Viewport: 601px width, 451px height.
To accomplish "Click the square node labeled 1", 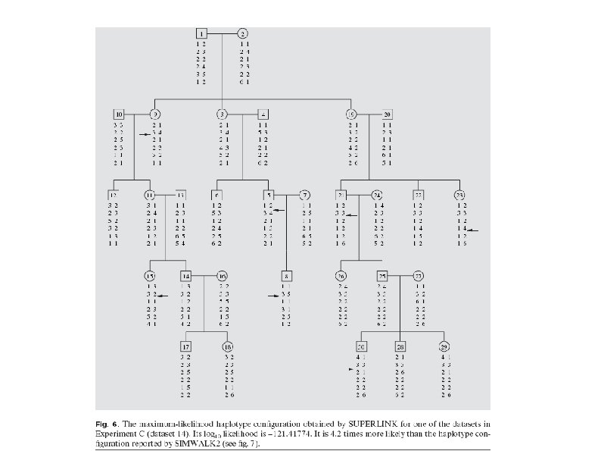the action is (202, 33).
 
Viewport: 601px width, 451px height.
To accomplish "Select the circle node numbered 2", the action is (242, 33).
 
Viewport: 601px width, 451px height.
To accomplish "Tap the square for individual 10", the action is (119, 114).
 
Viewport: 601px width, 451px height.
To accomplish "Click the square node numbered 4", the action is (263, 114).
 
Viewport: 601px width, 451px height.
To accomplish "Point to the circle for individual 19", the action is (351, 114).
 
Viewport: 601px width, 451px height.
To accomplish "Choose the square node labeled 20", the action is (388, 114).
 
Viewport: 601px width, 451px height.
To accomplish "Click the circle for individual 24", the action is (375, 195).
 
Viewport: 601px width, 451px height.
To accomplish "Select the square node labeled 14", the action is (185, 275).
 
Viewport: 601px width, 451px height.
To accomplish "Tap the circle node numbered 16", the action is (222, 275).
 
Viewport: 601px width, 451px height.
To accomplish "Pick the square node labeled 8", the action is (287, 275).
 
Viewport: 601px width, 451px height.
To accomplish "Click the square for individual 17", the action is (185, 346).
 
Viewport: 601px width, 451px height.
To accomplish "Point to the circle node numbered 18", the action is (227, 346).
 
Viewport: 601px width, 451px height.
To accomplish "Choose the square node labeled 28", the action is (400, 346).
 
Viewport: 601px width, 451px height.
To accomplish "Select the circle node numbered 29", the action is (444, 346).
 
